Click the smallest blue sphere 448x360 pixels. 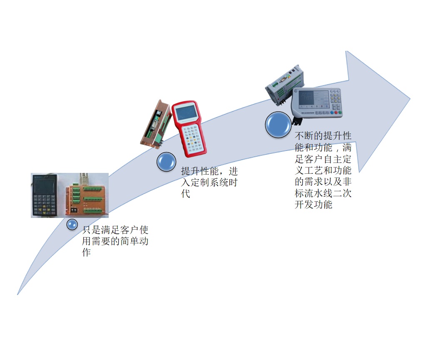pos(72,225)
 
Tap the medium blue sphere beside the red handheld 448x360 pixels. pos(166,162)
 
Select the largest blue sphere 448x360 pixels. pos(278,125)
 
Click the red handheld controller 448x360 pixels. pos(189,129)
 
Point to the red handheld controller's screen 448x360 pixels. pos(186,112)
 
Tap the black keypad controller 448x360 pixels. pos(44,195)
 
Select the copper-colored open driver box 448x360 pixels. pos(155,124)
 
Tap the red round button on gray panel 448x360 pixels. pos(336,112)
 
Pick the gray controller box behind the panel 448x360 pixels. pos(284,85)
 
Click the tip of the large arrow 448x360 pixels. pos(410,99)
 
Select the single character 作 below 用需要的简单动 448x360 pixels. pos(86,252)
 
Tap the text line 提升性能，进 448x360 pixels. pos(209,171)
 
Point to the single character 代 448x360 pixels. pos(185,194)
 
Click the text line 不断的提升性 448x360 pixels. pos(323,136)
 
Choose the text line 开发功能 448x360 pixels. pos(314,205)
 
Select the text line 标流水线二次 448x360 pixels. pos(323,193)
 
